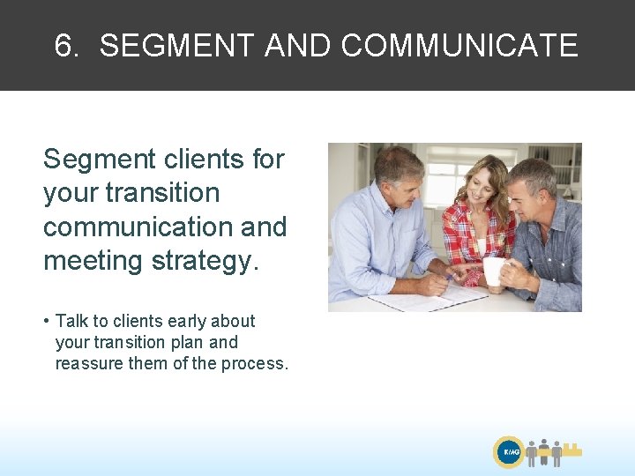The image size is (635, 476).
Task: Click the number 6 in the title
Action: (63, 46)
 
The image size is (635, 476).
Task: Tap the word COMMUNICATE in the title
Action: (459, 46)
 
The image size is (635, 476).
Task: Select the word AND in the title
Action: (297, 46)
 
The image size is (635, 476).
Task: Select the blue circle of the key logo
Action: (510, 452)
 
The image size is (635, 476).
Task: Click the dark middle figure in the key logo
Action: (544, 451)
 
